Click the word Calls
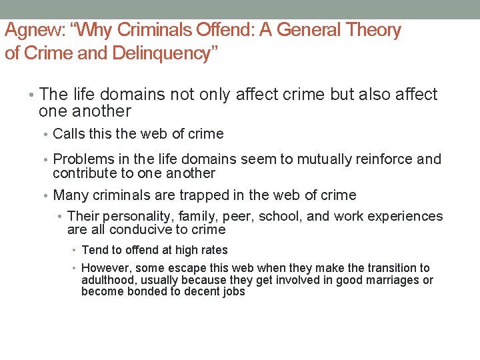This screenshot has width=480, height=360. tap(69, 134)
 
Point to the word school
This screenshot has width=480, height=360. tap(281, 217)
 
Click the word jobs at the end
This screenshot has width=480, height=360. tap(233, 292)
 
